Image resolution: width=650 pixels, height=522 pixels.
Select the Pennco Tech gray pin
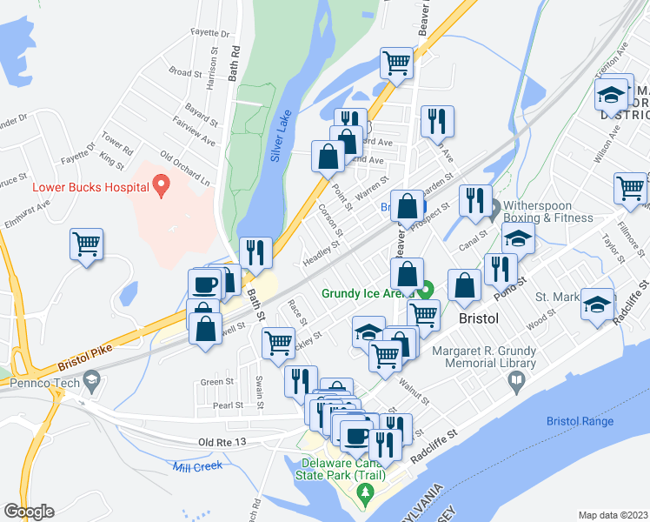pos(92,380)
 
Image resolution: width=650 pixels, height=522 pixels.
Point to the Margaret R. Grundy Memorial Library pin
pos(516,380)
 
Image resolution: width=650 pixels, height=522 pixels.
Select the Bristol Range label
pos(580,422)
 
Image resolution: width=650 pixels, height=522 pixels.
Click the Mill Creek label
pos(197,465)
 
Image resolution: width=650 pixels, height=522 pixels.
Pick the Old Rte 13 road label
pos(223,442)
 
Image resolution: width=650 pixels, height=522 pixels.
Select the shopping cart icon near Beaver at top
pos(396,63)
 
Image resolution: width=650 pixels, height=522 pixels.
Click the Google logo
pos(29,512)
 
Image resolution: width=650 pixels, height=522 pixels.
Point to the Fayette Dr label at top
pos(212,35)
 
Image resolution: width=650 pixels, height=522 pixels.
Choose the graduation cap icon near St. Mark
pos(597,304)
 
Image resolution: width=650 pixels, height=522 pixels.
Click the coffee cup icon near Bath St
pos(205,284)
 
